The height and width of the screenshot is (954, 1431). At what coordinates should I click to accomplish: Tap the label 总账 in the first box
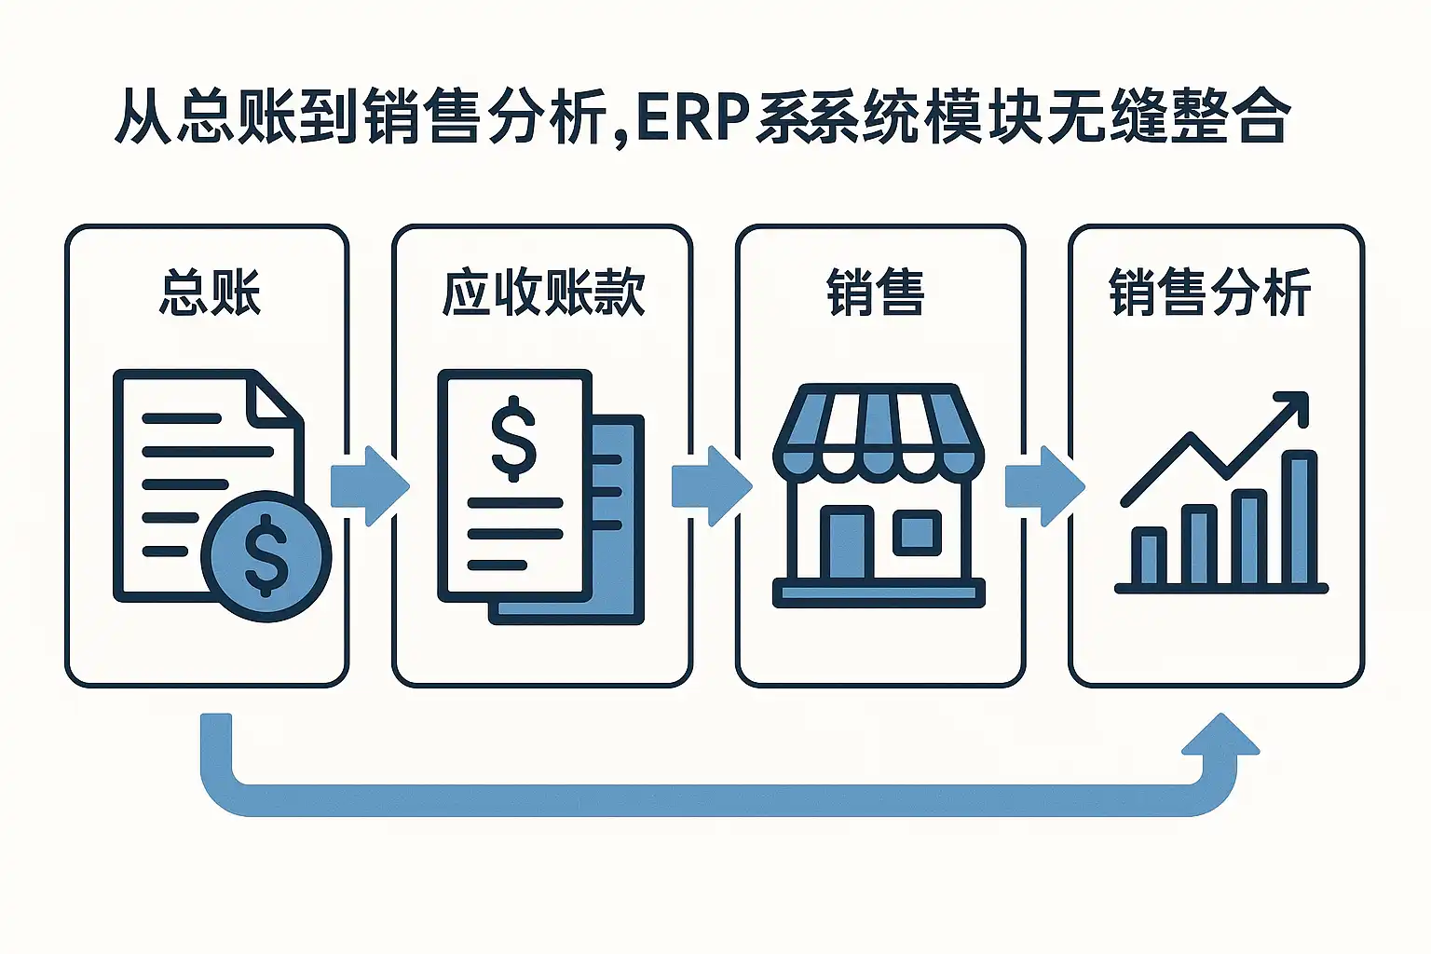[x=210, y=293]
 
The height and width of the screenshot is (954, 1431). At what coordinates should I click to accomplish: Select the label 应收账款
[x=543, y=293]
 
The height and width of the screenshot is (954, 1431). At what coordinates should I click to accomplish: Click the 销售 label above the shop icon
[x=875, y=293]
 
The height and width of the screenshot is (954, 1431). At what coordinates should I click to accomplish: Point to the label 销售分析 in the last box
[x=1210, y=293]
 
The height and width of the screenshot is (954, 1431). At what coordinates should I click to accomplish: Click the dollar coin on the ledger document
[x=266, y=556]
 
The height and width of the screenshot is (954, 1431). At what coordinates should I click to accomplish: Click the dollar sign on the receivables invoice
[x=513, y=438]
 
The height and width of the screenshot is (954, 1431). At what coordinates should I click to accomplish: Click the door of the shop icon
[x=847, y=544]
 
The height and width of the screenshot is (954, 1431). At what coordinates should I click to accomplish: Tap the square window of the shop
[x=918, y=532]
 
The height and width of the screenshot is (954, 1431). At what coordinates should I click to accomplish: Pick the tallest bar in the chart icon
[x=1299, y=517]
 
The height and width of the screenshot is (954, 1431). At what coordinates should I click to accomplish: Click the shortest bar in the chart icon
[x=1149, y=556]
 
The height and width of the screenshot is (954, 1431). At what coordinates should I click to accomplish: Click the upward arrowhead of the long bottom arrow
[x=1221, y=735]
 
